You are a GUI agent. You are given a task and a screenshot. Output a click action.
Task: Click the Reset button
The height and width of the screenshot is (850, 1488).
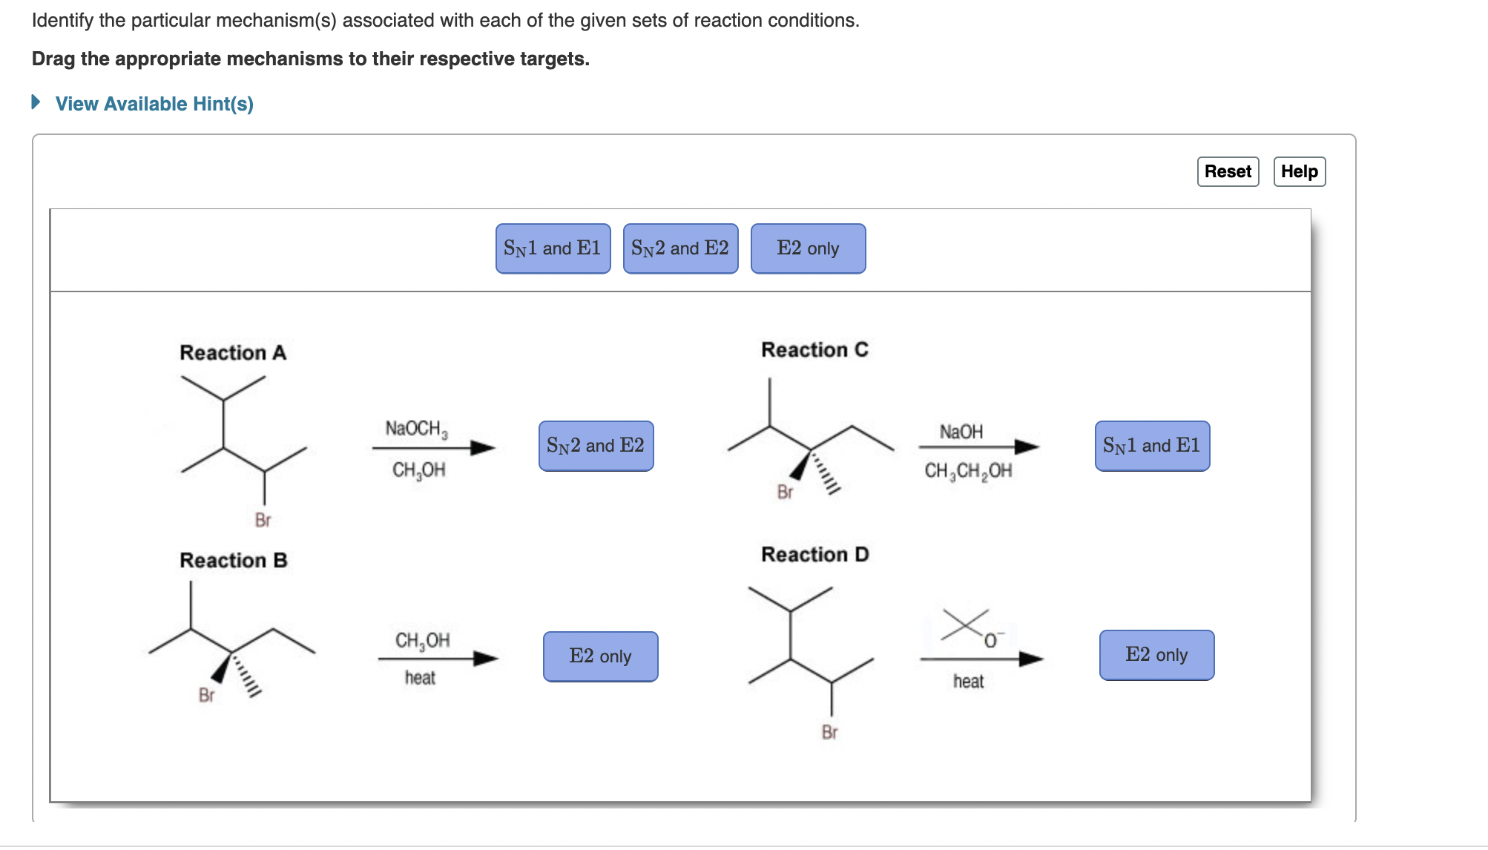(x=1228, y=171)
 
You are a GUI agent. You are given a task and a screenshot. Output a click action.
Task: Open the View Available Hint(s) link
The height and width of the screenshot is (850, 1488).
(x=154, y=104)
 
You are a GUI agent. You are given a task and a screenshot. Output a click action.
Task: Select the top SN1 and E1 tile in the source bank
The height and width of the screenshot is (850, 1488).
(x=553, y=248)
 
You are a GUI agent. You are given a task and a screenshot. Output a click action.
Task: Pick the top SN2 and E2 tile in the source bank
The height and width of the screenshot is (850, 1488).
(x=680, y=248)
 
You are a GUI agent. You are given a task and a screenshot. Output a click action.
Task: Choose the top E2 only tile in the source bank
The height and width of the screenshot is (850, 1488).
(x=808, y=248)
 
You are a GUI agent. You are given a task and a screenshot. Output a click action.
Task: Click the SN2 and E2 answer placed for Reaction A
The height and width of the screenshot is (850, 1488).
(x=596, y=446)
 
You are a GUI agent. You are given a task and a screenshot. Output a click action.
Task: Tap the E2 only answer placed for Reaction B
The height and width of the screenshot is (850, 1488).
(x=600, y=656)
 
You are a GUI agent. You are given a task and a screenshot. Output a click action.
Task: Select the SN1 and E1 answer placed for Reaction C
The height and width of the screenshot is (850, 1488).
(x=1152, y=446)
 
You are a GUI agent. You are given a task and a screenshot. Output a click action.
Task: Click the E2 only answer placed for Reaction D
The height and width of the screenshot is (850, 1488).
(x=1156, y=655)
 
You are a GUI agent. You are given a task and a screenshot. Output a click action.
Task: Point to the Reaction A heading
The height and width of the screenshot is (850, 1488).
(x=233, y=352)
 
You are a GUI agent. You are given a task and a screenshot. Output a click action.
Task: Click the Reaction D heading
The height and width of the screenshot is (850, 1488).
(x=814, y=554)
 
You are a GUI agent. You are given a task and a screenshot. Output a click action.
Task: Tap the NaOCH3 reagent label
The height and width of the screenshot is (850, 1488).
(x=416, y=429)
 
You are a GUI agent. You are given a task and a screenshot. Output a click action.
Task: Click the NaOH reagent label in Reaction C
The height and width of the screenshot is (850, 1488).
(x=961, y=432)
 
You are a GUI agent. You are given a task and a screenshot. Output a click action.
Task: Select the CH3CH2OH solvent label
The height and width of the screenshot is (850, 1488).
(x=968, y=471)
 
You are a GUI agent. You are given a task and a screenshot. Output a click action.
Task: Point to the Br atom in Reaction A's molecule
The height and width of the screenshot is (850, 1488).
(x=263, y=520)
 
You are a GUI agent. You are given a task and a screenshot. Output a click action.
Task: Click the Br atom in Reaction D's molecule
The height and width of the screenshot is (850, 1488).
(x=829, y=732)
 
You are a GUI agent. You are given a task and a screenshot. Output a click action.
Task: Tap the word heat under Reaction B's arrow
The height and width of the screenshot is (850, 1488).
(x=420, y=677)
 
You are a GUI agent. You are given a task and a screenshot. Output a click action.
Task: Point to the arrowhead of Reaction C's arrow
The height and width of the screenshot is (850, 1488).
(x=1027, y=447)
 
